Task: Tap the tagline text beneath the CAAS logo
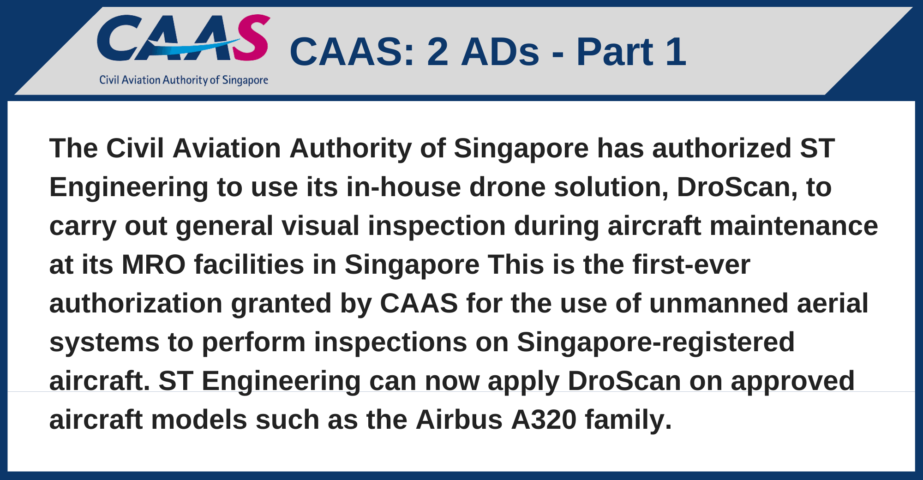(184, 80)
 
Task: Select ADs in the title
(500, 51)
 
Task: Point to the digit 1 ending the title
(676, 51)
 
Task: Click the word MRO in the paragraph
(154, 265)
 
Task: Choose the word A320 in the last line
(544, 420)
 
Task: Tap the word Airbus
(459, 420)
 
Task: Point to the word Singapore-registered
(656, 342)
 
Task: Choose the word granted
(282, 304)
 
